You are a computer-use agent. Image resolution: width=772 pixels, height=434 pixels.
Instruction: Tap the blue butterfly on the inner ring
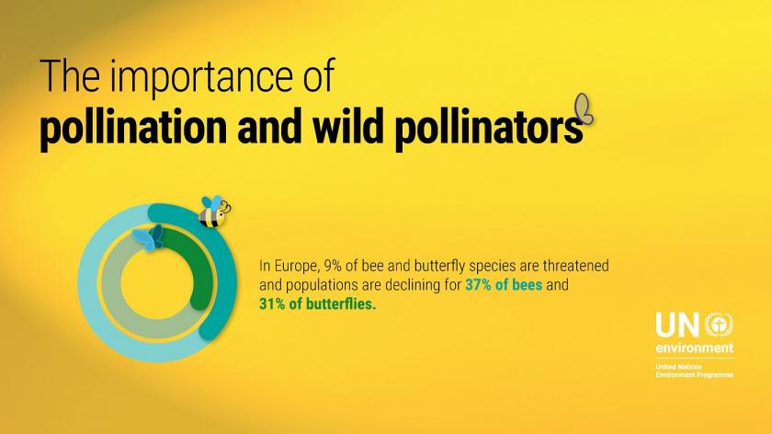(148, 237)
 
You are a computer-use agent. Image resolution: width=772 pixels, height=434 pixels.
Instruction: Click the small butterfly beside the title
(584, 108)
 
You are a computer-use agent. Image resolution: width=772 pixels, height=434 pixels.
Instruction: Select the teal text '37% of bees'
(504, 285)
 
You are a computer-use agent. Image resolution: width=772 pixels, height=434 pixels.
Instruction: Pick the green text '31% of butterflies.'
(318, 304)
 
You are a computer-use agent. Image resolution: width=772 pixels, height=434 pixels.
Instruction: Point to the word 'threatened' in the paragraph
(575, 266)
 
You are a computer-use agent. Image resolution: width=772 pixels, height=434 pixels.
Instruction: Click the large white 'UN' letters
(677, 325)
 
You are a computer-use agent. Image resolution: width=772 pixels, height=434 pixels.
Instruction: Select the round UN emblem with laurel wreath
(719, 325)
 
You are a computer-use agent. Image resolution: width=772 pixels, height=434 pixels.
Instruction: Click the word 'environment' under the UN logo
(694, 348)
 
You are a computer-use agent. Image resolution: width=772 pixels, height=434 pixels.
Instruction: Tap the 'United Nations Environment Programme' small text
(694, 371)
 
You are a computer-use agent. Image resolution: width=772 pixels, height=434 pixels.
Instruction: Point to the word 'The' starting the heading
(70, 76)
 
